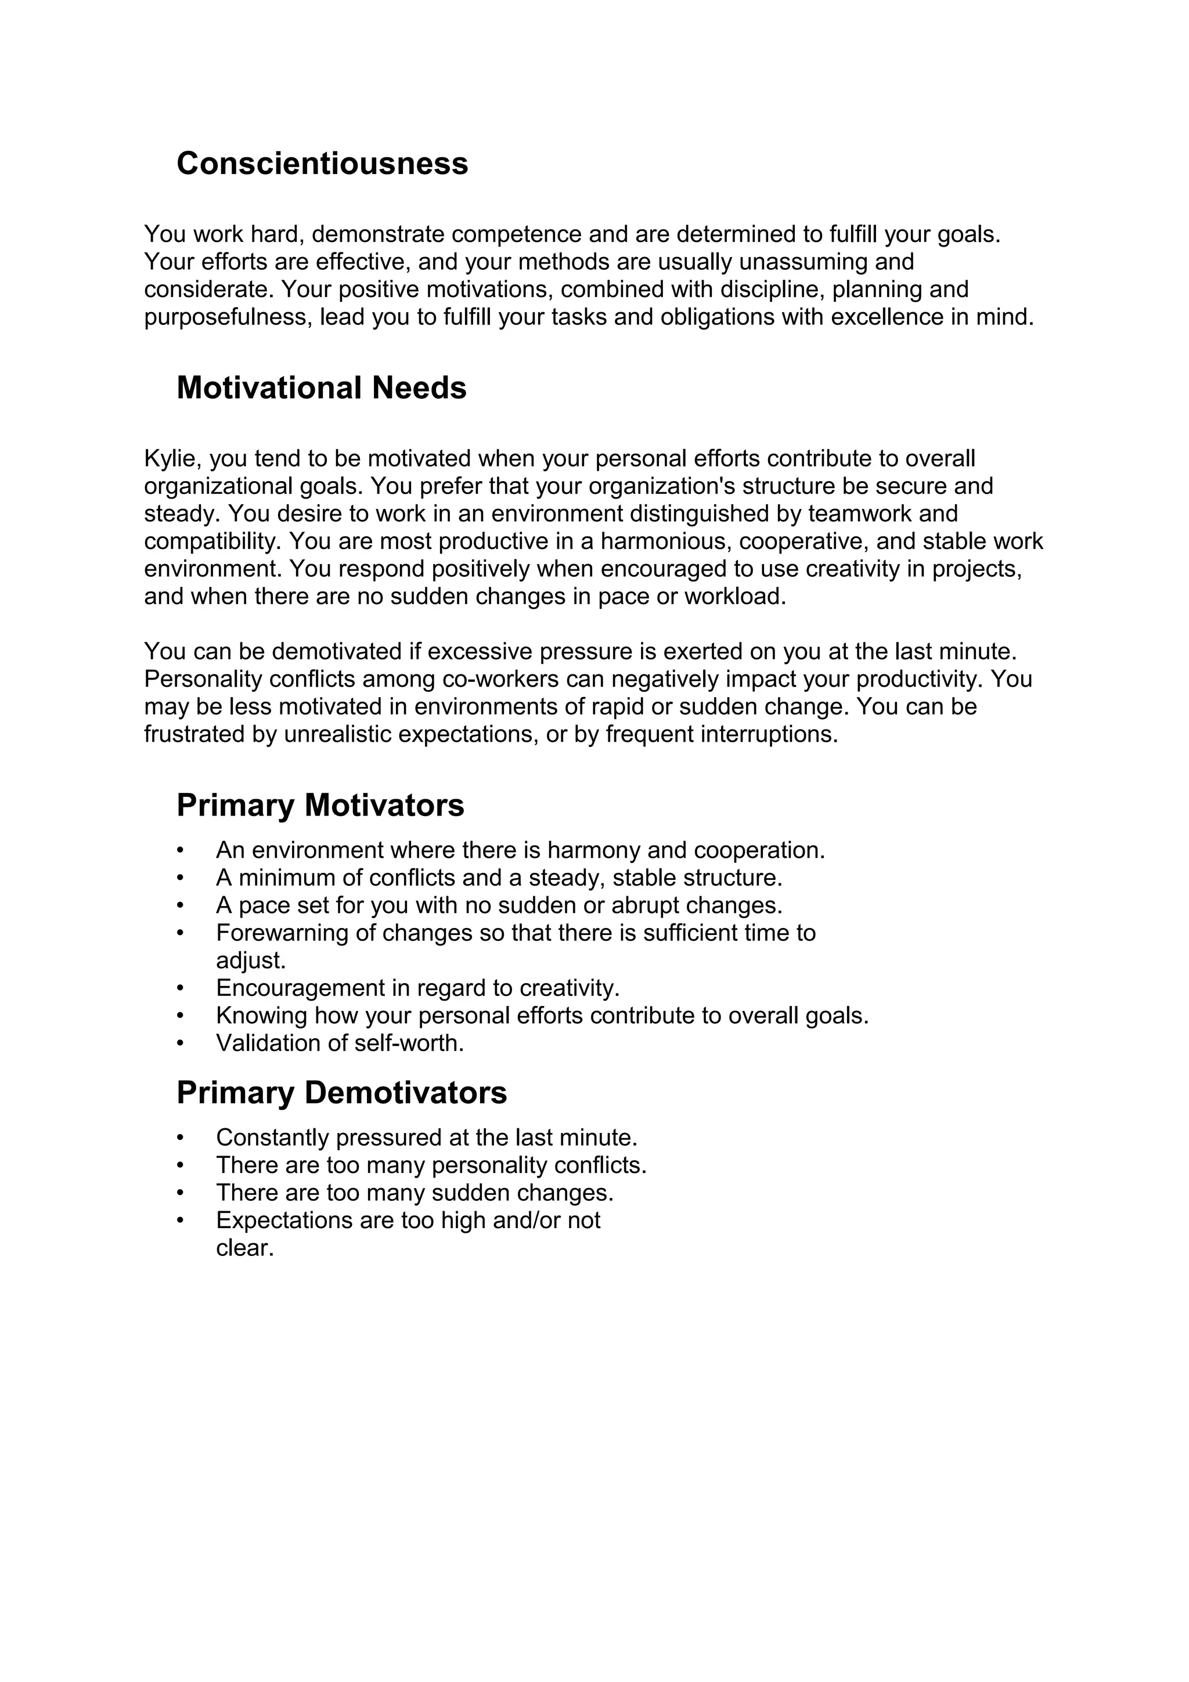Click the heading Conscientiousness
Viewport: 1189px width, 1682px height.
coord(322,163)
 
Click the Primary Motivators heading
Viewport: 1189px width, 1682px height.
coord(320,806)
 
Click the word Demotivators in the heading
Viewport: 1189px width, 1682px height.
coord(405,1093)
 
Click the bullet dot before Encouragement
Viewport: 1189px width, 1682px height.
coord(180,989)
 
